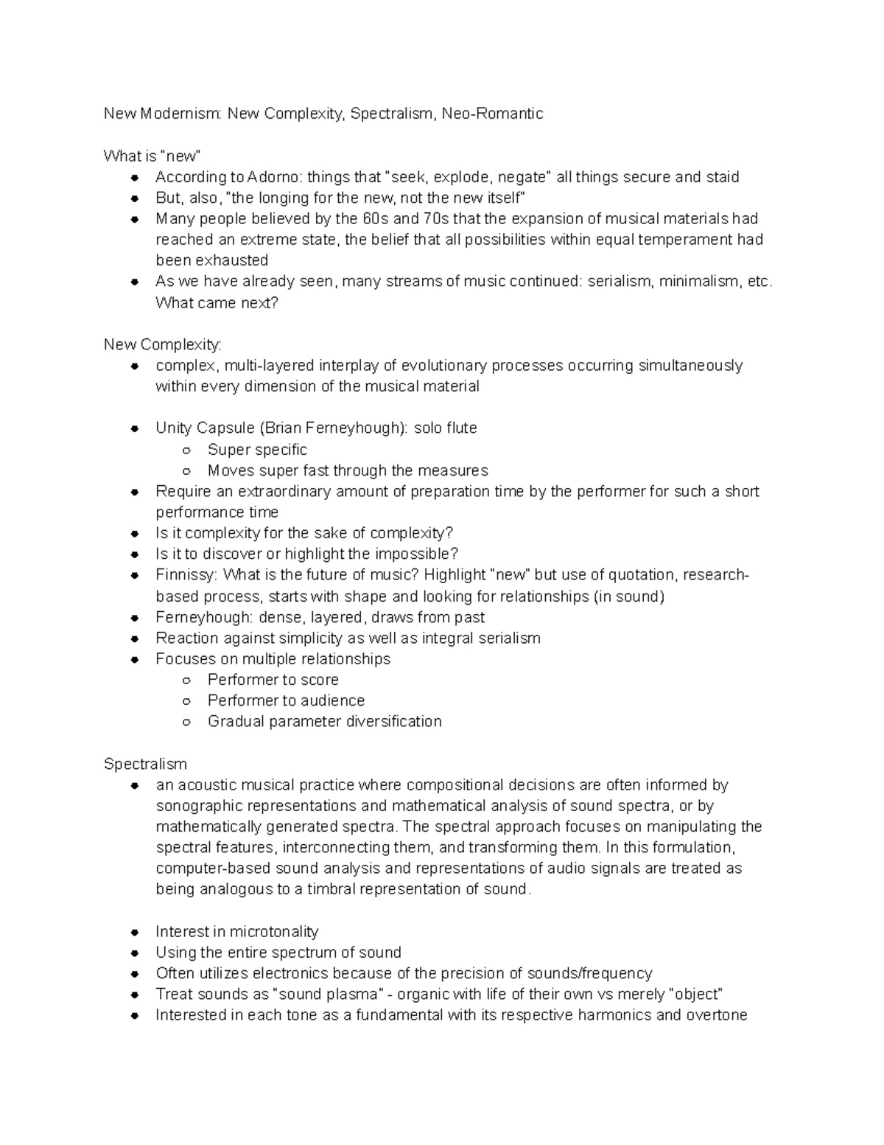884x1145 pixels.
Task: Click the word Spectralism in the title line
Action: [392, 114]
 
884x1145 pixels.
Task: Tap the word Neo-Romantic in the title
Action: [492, 114]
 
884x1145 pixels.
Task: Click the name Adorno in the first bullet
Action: [273, 177]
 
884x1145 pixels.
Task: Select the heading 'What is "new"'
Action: [152, 156]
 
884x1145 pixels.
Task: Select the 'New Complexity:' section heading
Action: [162, 344]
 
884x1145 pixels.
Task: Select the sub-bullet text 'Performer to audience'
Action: [286, 700]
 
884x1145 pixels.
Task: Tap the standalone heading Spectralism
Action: [145, 764]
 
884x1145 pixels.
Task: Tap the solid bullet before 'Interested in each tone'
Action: [134, 1015]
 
